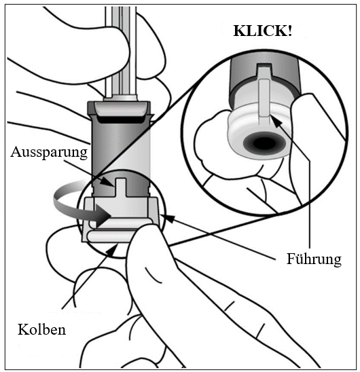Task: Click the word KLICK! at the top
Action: [263, 31]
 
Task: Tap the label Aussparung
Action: [49, 153]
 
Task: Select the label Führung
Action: [314, 259]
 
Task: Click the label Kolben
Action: [42, 330]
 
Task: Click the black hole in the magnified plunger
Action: [264, 143]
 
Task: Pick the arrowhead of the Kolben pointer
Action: [112, 250]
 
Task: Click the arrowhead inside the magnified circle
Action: [276, 121]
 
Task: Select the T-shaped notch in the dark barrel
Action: [121, 187]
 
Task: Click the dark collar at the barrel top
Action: [119, 111]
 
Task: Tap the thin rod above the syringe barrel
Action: [121, 50]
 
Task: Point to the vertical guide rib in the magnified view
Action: [264, 98]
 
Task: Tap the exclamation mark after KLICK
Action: [289, 31]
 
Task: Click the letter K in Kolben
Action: [23, 330]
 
